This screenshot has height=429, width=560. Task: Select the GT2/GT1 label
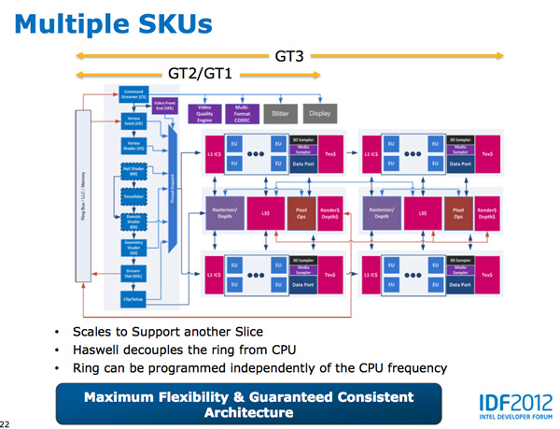(x=199, y=73)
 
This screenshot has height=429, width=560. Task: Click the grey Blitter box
(x=279, y=113)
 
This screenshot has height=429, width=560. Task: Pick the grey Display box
(x=320, y=113)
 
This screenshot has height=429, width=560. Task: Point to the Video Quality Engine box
(x=204, y=113)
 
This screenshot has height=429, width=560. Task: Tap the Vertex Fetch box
(x=134, y=120)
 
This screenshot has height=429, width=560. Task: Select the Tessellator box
(x=134, y=197)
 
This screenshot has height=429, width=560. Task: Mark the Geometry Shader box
(x=134, y=248)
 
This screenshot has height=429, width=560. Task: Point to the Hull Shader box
(x=134, y=171)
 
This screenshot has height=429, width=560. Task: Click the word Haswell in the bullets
(x=101, y=350)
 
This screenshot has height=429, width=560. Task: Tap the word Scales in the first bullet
(x=92, y=331)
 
